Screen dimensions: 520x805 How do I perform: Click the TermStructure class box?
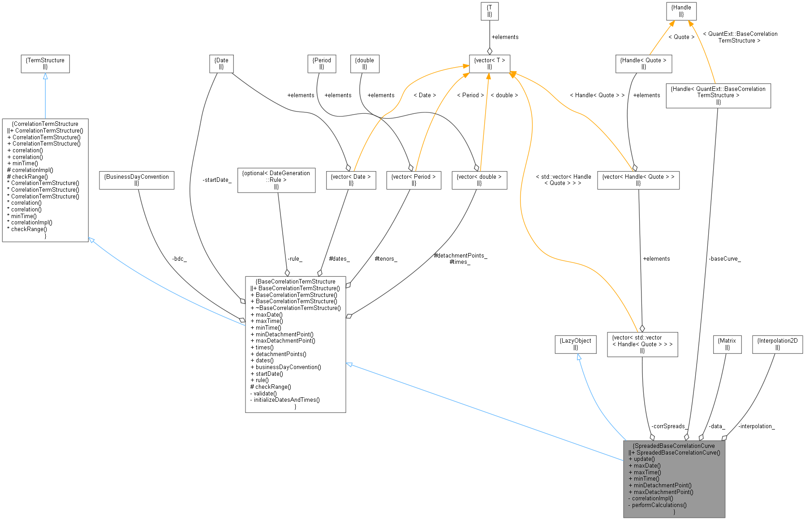coord(45,64)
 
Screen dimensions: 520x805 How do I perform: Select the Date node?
coord(221,64)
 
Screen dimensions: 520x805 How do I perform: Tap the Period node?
coord(322,64)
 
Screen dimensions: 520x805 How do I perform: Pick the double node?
coord(365,64)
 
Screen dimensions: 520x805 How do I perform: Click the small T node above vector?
coord(489,11)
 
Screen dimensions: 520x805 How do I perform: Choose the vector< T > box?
coord(489,64)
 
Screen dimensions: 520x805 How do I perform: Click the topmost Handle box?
coord(681,11)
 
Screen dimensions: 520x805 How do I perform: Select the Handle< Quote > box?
coord(643,64)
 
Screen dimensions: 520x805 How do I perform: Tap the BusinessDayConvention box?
coord(136,180)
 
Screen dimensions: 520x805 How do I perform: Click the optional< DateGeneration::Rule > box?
coord(276,180)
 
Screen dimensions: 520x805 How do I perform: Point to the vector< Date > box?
coord(351,180)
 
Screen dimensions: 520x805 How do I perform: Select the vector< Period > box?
coord(413,180)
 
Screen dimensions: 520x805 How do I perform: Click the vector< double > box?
coord(479,180)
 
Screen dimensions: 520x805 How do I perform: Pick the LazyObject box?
coord(576,344)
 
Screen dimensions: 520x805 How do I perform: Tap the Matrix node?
coord(727,344)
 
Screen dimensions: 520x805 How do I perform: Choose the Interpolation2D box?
coord(777,344)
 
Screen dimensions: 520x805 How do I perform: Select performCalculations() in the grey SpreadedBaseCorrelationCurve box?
coord(659,505)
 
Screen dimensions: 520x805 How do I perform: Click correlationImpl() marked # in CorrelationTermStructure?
coord(32,170)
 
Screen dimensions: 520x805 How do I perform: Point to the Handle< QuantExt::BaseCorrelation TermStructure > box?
coord(718,95)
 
